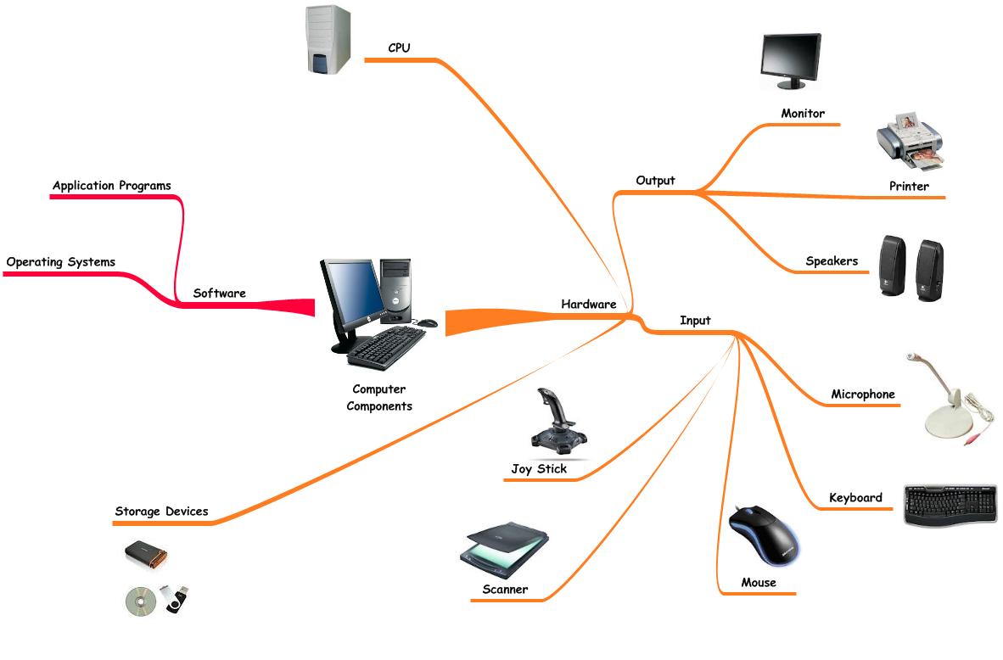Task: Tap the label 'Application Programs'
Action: [x=111, y=186]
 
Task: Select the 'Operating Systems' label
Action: [x=60, y=262]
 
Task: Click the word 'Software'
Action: [x=219, y=294]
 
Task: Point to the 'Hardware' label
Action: [x=588, y=304]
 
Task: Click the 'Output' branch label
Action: [x=655, y=181]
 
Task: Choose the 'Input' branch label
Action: [x=695, y=321]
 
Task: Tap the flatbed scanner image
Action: [x=505, y=549]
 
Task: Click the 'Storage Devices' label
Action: [x=161, y=512]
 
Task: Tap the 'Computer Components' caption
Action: [x=378, y=398]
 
